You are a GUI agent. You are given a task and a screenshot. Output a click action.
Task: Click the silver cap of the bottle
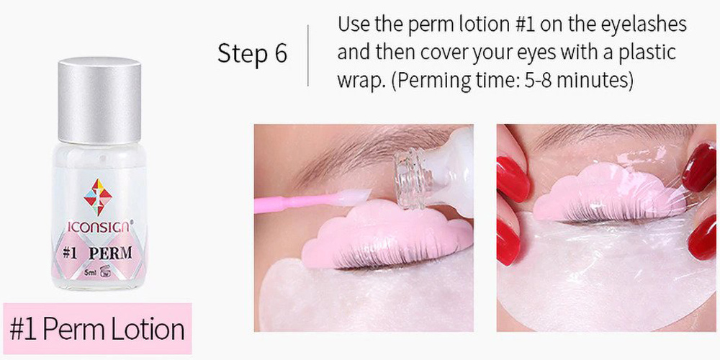[x=99, y=100]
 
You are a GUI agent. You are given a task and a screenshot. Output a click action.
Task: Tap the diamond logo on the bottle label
[x=98, y=197]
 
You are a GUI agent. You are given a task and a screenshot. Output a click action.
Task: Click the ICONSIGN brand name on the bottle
[x=100, y=227]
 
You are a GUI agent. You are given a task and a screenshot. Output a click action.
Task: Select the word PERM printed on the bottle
[x=111, y=253]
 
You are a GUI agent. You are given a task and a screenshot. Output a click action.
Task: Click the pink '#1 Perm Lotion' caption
[x=97, y=328]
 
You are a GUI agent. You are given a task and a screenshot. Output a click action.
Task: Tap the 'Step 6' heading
[x=252, y=54]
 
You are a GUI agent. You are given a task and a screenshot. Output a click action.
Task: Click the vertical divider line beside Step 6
[x=308, y=55]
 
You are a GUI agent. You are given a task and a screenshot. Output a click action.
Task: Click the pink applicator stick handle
[x=295, y=202]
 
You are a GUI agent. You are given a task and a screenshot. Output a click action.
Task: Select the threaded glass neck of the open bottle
[x=411, y=181]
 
